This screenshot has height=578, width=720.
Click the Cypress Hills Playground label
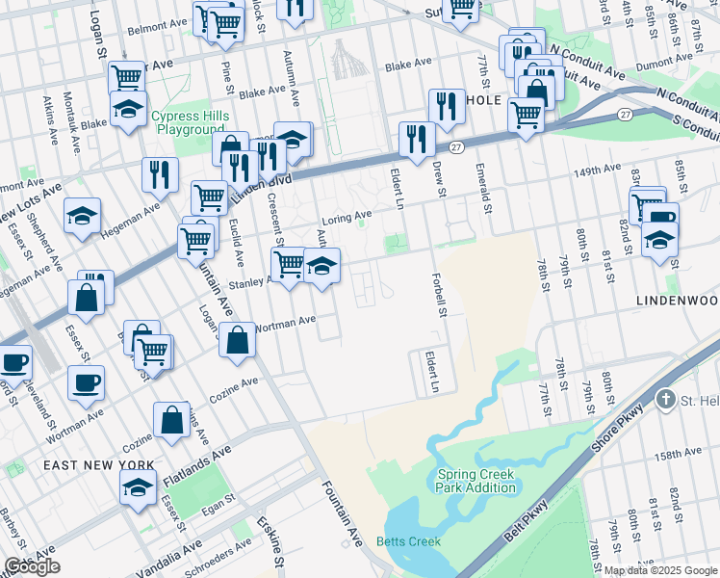(x=188, y=123)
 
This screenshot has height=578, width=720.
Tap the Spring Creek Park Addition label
(x=476, y=480)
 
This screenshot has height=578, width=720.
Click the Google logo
(x=32, y=566)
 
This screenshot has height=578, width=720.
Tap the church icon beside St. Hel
(x=665, y=399)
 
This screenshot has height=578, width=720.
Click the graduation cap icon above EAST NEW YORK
(x=139, y=488)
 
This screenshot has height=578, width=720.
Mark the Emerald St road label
(x=483, y=188)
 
